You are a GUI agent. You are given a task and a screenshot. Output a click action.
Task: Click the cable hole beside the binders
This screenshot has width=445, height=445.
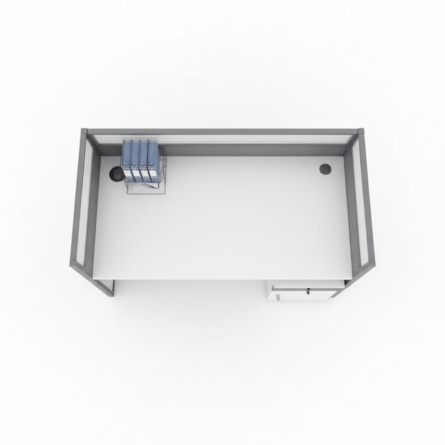point(116,174)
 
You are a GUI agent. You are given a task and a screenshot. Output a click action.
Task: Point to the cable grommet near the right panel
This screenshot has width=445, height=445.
point(325,169)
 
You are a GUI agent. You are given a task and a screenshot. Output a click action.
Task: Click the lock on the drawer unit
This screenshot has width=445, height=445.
point(308,291)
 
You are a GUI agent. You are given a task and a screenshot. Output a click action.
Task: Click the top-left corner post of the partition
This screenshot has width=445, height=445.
point(84,133)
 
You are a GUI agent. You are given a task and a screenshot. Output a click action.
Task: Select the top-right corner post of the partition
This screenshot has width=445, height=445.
point(360,133)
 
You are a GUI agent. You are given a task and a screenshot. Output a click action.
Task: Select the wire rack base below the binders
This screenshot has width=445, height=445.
point(144,185)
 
